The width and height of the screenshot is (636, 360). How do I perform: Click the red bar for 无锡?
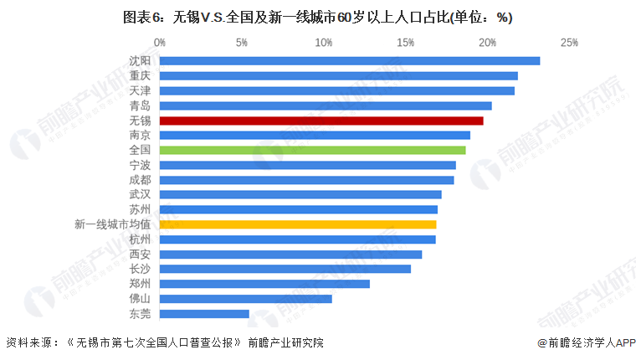pos(321,121)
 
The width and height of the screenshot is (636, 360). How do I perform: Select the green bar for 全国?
pos(312,150)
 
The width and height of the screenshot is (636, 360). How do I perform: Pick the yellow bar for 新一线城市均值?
pos(298,224)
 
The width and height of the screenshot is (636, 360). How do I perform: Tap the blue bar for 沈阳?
pos(350,60)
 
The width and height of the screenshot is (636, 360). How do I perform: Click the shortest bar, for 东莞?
pos(204,314)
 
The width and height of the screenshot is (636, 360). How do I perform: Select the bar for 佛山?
pos(245,299)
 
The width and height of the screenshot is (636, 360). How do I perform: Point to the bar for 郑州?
pos(264,284)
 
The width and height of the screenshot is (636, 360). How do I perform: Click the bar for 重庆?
pos(338,75)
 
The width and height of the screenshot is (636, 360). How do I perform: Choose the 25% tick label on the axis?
pos(570,42)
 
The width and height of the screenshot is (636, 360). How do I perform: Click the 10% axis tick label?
pos(323,42)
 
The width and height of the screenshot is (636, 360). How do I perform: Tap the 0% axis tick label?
pos(159,42)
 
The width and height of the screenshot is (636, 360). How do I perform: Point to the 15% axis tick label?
pos(405,42)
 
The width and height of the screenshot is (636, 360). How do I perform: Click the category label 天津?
pos(141,90)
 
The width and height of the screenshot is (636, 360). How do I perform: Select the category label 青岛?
pos(141,105)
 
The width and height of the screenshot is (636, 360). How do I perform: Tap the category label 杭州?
pos(141,239)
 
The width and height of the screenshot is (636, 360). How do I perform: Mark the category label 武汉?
pos(141,194)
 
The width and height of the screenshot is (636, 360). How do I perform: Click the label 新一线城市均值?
pos(112,224)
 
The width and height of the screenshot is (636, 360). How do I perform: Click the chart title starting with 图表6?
pos(317,17)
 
